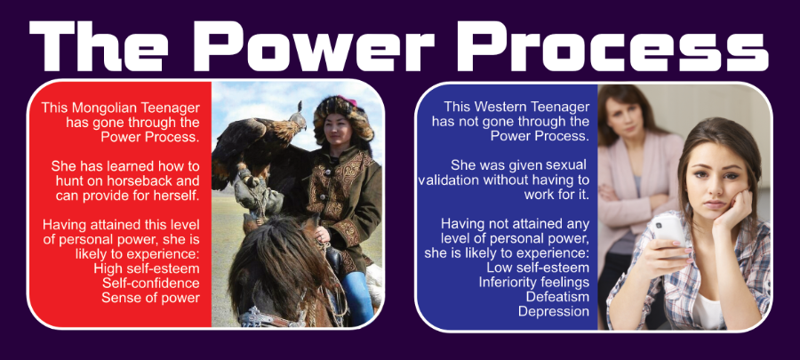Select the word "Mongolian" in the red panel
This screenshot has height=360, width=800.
tap(102, 108)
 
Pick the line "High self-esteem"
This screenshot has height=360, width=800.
tap(147, 268)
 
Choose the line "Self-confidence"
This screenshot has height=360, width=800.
tap(150, 283)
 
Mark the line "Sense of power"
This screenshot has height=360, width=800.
tap(150, 298)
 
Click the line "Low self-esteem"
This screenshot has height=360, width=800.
tap(538, 268)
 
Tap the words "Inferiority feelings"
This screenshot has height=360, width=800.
tap(533, 282)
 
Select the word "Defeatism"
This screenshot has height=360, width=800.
tap(557, 296)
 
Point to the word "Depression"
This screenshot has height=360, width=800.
tap(554, 311)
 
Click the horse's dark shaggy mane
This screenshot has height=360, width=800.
tap(276, 265)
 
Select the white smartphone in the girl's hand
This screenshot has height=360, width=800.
tap(668, 232)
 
